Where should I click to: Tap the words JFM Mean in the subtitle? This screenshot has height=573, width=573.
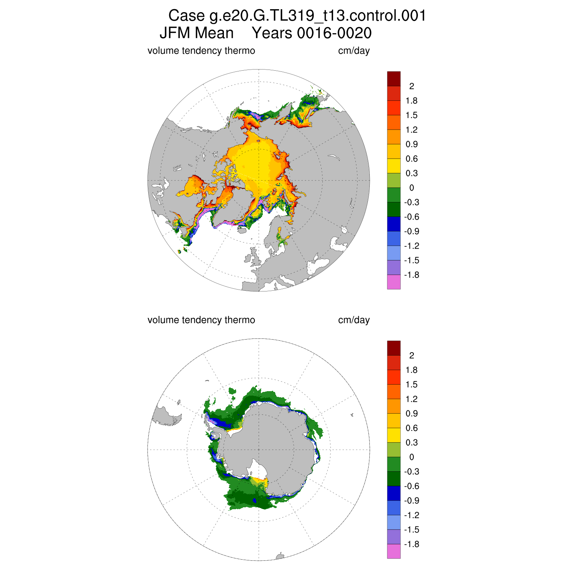tap(196, 33)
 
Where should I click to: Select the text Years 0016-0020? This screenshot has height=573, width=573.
tap(312, 33)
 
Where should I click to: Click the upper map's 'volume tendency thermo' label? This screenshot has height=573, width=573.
tap(201, 51)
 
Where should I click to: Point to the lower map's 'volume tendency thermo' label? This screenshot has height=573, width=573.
tap(201, 320)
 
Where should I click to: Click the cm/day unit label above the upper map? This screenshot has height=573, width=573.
tap(354, 51)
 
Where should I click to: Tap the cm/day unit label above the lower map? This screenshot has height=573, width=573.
tap(354, 320)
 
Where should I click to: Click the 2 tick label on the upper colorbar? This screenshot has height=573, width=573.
tap(411, 86)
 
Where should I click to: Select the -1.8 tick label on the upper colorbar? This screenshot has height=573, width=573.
tap(411, 275)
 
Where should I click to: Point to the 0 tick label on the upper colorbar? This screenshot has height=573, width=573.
tap(411, 188)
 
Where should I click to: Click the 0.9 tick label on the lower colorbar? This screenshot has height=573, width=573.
tap(411, 414)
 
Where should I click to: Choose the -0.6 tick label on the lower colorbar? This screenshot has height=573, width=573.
tap(411, 486)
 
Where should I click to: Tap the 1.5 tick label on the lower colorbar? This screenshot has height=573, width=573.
tap(411, 385)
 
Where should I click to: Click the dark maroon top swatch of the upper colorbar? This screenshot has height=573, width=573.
tap(394, 79)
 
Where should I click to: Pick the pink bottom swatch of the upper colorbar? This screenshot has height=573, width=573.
tap(394, 282)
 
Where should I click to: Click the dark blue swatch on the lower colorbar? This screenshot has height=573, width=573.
tap(394, 493)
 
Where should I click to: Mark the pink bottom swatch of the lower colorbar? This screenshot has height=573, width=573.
tap(394, 552)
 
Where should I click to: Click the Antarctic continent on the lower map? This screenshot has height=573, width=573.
tap(267, 447)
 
